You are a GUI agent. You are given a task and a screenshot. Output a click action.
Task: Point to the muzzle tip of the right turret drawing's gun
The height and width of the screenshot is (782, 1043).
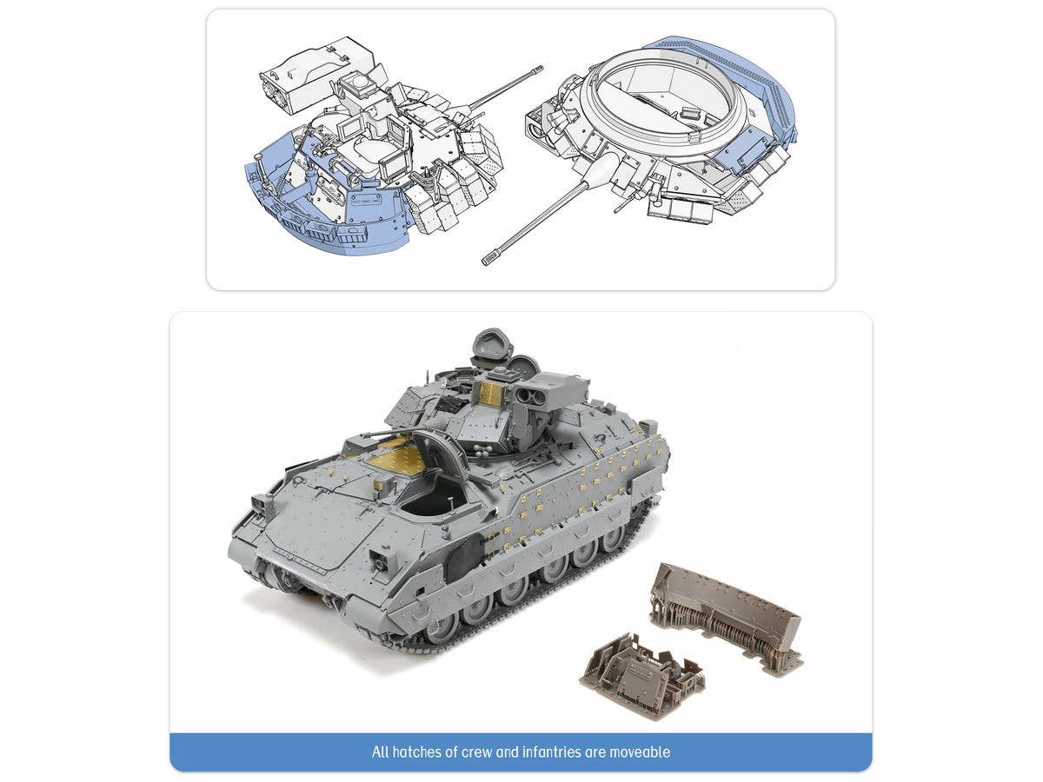486,260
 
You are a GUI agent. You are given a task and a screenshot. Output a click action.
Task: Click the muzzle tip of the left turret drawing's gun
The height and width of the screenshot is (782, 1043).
540,68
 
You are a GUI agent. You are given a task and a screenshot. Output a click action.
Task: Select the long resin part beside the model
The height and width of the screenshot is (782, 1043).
727,615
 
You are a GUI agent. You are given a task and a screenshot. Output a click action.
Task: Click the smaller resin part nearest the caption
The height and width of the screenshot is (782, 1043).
641,670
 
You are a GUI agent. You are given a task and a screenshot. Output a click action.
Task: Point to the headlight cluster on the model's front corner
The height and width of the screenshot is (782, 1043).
260,505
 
